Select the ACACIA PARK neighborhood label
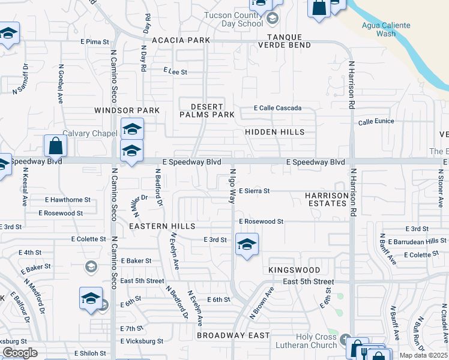[x=181, y=40]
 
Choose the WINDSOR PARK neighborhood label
[x=127, y=110]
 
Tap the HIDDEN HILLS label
[x=275, y=132]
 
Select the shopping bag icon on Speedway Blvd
[x=55, y=146]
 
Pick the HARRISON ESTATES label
[x=326, y=199]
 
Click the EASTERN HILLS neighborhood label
[x=162, y=226]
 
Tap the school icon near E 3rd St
[x=246, y=244]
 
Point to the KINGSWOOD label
[x=294, y=271]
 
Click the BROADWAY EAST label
[x=233, y=335]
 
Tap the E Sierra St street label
[x=255, y=191]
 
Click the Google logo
[x=20, y=353]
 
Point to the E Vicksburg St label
[x=142, y=341]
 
